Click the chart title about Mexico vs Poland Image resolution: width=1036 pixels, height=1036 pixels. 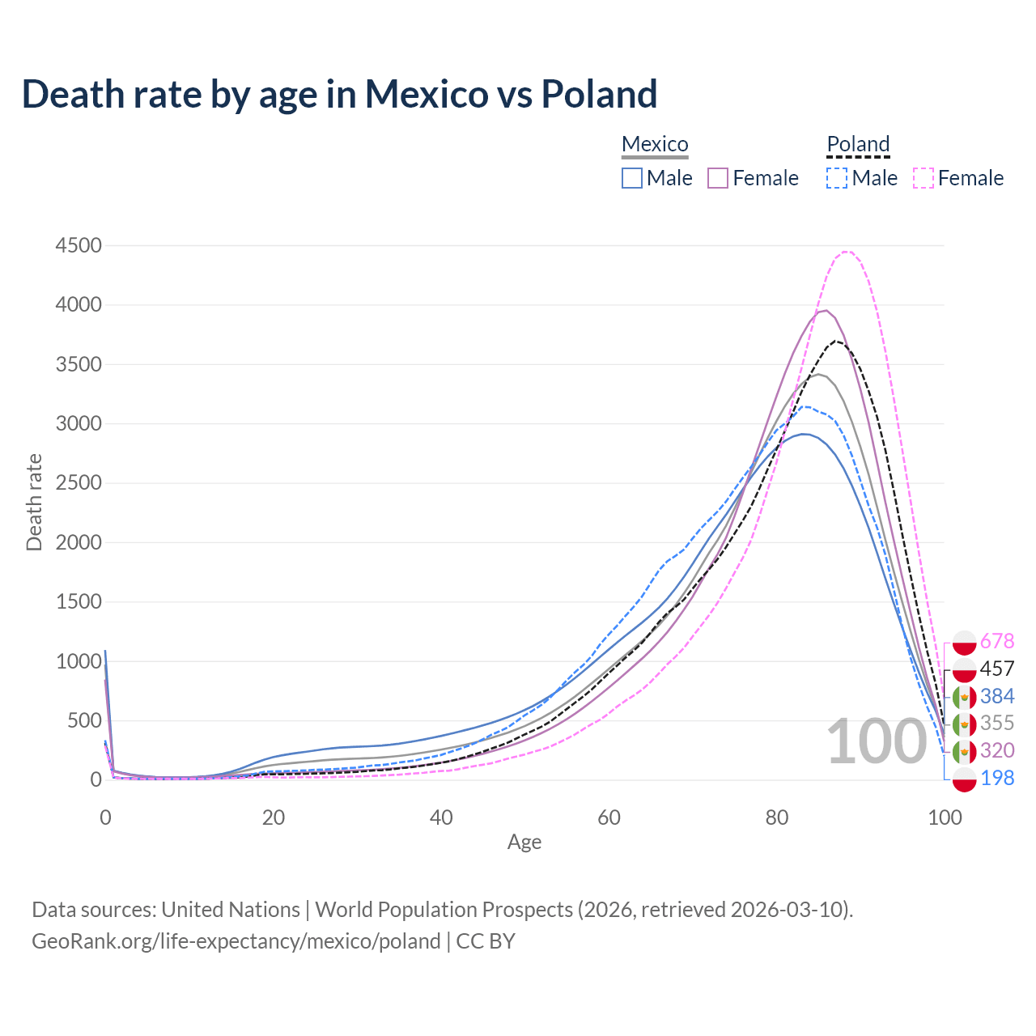click(x=339, y=94)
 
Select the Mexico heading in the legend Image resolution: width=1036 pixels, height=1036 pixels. click(x=655, y=144)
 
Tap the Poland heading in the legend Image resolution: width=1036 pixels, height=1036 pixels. click(x=858, y=144)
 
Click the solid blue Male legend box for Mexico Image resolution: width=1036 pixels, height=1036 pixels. click(x=632, y=178)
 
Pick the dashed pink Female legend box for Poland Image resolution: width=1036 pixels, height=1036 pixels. click(x=923, y=178)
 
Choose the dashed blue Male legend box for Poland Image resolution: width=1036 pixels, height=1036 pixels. click(x=837, y=178)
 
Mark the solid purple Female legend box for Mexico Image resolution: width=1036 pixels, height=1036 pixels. click(x=718, y=178)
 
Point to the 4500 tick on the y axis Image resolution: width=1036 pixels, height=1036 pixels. click(x=79, y=245)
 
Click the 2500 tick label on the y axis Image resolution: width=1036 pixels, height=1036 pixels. click(x=79, y=483)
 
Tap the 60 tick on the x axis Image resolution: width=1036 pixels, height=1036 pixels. click(x=609, y=817)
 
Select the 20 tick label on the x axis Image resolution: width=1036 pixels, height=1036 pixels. click(x=274, y=817)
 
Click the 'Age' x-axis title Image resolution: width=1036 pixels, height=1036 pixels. click(x=524, y=842)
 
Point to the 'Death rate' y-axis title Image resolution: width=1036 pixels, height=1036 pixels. click(x=34, y=503)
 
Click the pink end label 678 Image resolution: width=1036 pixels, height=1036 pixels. click(x=996, y=641)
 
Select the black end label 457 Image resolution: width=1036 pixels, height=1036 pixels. click(x=996, y=669)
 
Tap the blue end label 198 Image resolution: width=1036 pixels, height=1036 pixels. click(x=996, y=778)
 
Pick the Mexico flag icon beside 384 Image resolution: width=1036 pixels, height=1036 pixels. click(x=964, y=696)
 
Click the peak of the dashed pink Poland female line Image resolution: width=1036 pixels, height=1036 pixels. click(x=846, y=252)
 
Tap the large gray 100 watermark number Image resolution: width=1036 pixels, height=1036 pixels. click(x=877, y=741)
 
